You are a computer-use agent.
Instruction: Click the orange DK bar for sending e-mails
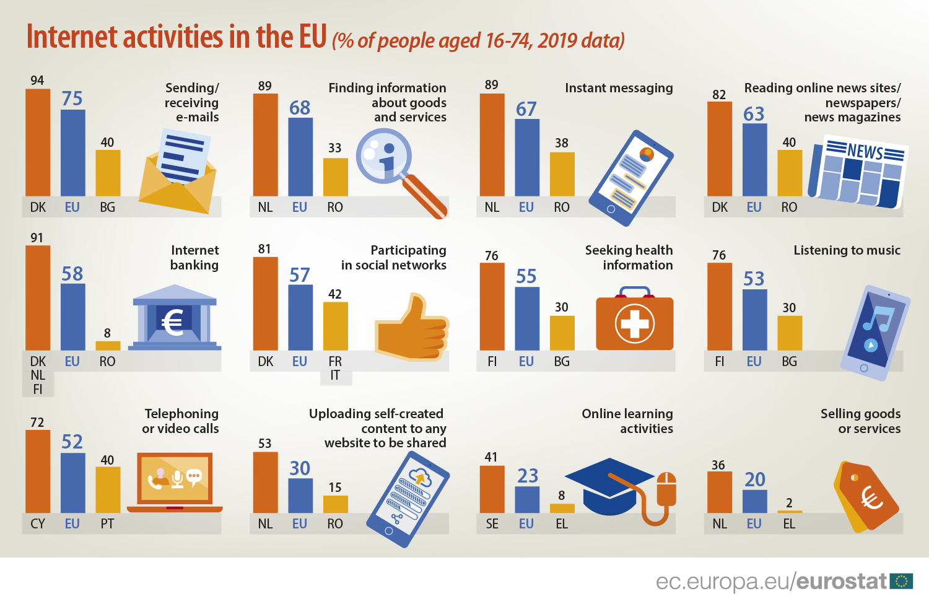point(38,142)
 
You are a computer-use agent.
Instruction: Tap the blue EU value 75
point(72,98)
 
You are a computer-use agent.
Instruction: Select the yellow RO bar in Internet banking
point(108,346)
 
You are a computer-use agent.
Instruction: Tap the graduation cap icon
point(610,487)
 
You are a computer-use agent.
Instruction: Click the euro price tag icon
point(867,496)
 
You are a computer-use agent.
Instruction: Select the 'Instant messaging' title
point(618,88)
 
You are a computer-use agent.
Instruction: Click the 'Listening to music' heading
point(847,250)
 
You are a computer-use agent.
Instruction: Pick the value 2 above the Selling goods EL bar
point(789,503)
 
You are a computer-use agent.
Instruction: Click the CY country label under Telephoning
point(38,524)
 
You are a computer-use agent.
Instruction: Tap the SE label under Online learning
point(492,524)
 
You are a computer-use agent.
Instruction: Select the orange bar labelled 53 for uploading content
point(265,482)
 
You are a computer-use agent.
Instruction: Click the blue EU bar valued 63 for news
point(754,160)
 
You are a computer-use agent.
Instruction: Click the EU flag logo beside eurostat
point(901,581)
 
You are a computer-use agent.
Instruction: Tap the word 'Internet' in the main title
point(72,37)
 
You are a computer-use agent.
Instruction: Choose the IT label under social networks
point(335,375)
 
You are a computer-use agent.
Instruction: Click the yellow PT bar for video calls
point(108,489)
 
